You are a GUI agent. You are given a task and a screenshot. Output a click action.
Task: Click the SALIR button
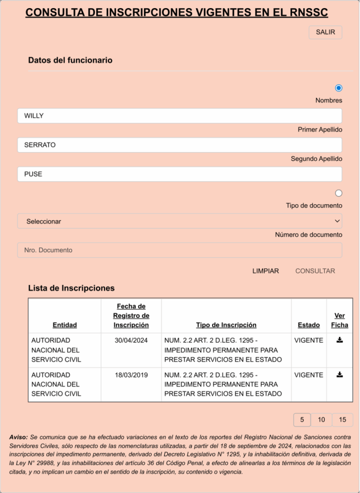pos(325,32)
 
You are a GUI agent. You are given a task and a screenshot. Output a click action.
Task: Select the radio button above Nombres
pos(338,88)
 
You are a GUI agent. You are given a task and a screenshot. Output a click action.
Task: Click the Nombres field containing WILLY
pos(180,116)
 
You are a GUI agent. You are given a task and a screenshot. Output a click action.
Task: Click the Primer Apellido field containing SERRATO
pos(180,145)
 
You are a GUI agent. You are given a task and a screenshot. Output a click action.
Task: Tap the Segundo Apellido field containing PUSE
pos(180,174)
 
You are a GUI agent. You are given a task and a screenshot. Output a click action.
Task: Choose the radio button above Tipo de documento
pos(338,193)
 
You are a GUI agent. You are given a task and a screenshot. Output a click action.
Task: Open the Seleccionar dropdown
pos(180,221)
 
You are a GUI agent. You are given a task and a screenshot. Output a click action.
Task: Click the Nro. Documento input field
pos(180,250)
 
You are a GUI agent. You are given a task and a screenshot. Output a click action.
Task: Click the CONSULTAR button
pos(315,271)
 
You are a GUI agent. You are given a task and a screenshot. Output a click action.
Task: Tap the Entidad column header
pos(64,325)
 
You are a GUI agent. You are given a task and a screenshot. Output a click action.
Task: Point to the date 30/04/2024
pos(131,340)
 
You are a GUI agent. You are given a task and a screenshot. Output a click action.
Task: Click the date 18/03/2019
pos(131,375)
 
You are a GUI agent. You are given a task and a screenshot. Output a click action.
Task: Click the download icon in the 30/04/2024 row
pos(339,340)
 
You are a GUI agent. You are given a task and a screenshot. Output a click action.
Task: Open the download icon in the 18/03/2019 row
pos(339,374)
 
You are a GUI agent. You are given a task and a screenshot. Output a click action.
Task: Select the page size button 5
pos(302,420)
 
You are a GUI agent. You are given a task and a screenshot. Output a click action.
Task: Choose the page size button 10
pos(321,420)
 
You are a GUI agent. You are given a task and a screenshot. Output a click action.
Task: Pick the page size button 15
pos(342,420)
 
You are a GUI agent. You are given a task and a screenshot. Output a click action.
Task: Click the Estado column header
pos(309,325)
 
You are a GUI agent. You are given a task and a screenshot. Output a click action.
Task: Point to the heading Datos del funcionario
pos(70,60)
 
